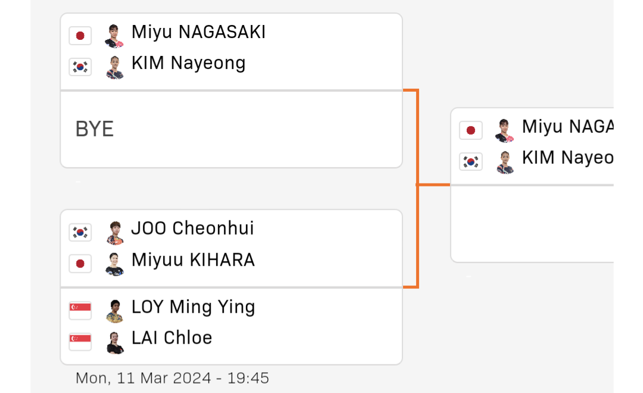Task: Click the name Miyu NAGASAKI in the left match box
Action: pos(198,32)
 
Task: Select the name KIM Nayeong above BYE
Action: pos(189,64)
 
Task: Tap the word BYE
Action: pos(94,129)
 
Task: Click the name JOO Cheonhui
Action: pos(193,229)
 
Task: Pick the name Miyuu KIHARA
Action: pos(193,260)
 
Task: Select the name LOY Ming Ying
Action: pos(193,307)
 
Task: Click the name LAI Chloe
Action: pos(172,338)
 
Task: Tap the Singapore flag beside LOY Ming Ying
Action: pos(80,310)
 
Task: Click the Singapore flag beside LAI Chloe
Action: pos(80,342)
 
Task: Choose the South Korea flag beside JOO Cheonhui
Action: pos(80,232)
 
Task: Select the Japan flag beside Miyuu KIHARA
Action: pos(80,263)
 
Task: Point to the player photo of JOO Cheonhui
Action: pos(115,233)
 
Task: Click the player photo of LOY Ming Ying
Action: pos(115,311)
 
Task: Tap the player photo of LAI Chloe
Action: pos(115,342)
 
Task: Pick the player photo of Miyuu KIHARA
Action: pos(115,264)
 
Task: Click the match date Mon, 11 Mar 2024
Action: pos(143,378)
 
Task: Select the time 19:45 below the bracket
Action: pos(248,378)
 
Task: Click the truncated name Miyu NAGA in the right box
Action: pos(567,127)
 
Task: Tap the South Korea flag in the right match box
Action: pos(471,161)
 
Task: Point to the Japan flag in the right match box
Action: pos(471,130)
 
